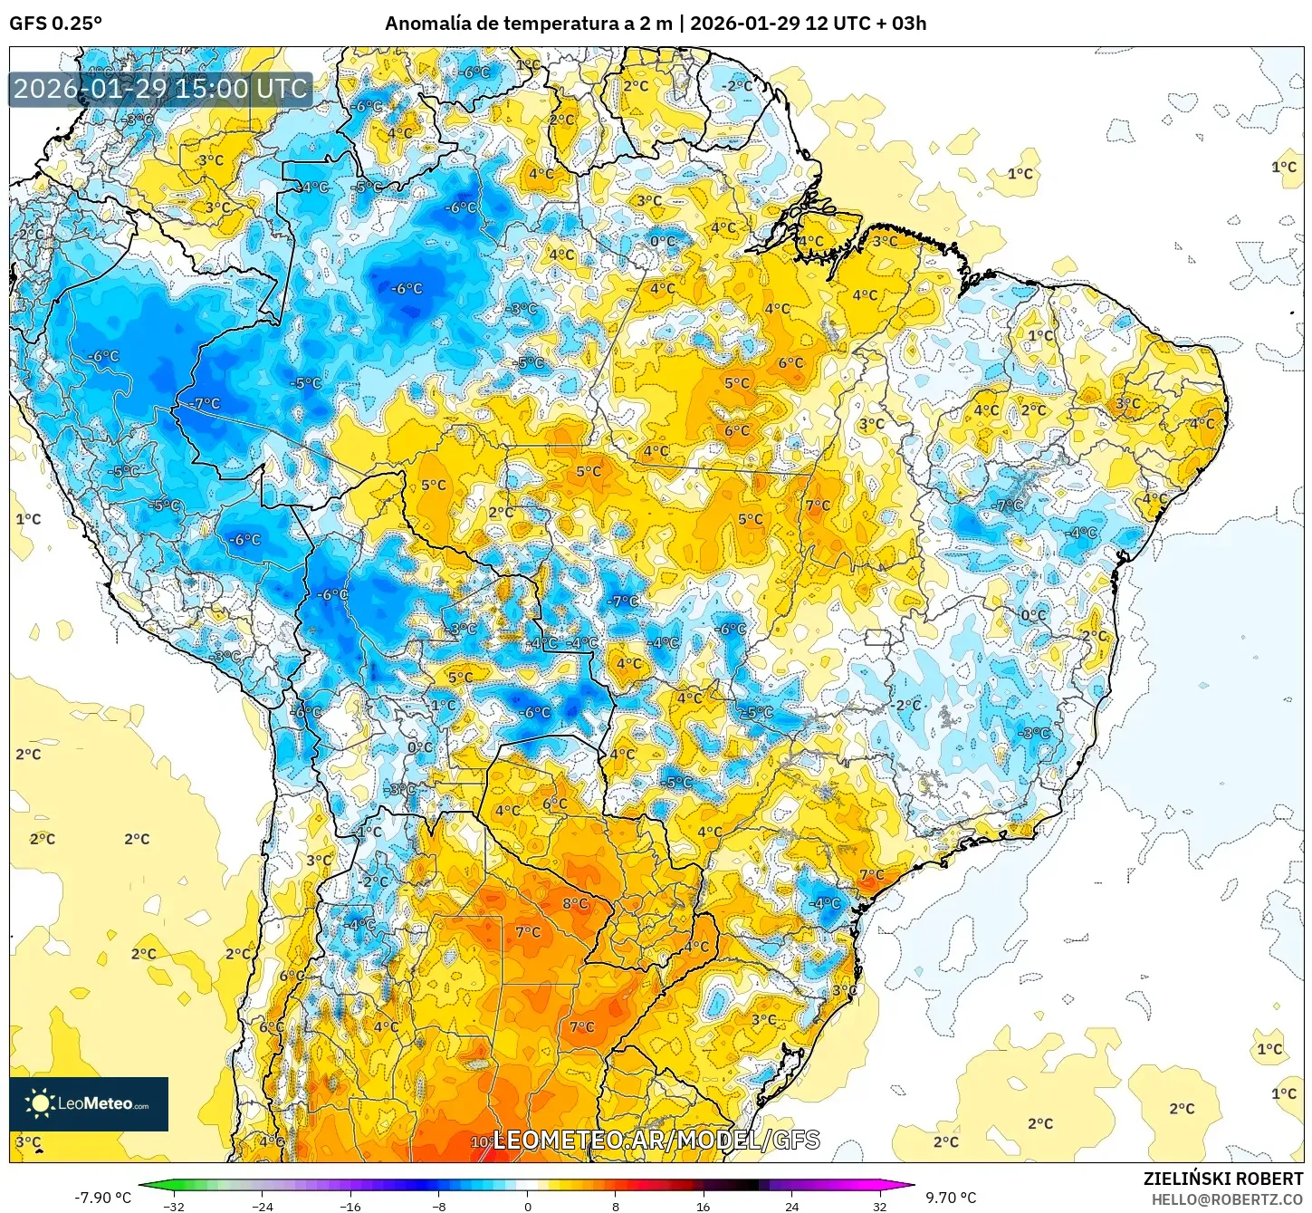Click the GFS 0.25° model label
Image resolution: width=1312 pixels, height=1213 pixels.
click(55, 24)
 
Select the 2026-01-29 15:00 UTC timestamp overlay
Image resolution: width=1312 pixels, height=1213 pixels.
click(160, 89)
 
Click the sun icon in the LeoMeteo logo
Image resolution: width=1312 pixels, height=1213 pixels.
click(40, 1103)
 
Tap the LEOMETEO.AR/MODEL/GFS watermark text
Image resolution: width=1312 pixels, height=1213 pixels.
click(656, 1140)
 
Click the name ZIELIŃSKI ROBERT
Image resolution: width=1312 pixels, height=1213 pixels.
click(1222, 1179)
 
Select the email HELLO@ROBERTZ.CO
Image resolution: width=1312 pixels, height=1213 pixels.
click(1227, 1199)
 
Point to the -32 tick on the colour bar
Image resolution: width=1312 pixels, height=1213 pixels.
click(174, 1206)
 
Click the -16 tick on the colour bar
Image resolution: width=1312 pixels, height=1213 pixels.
click(350, 1206)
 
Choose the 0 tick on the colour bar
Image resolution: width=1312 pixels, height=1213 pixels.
click(527, 1206)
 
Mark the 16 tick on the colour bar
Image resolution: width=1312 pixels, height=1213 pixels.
click(704, 1206)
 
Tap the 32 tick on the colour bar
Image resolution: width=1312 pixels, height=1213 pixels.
click(879, 1206)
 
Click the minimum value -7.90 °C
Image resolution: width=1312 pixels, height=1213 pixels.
click(102, 1198)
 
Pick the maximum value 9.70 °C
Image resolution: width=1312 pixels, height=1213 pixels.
click(951, 1198)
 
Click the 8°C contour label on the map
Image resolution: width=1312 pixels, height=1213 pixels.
click(575, 903)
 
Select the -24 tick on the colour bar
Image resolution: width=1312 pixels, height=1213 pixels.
click(263, 1206)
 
